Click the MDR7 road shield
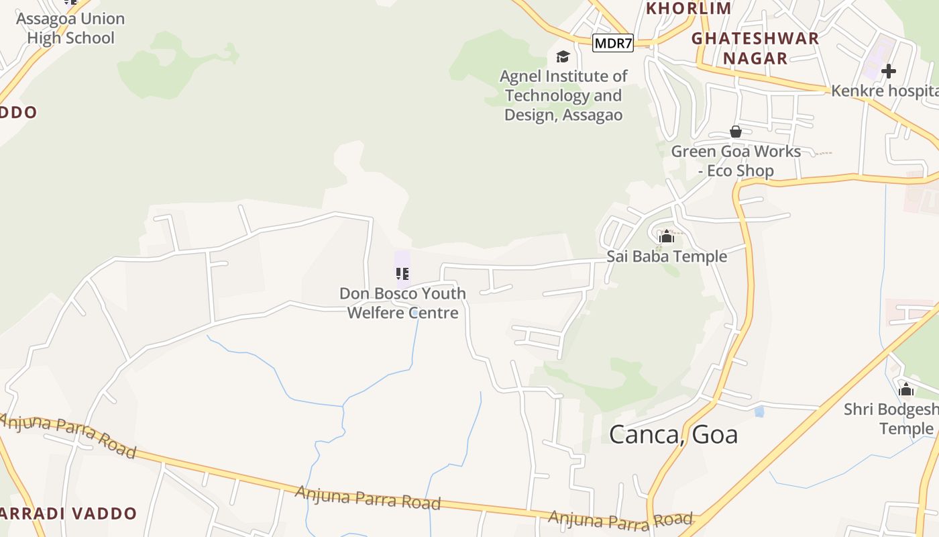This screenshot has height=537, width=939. tap(613, 44)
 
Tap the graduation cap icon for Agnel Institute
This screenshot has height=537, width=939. tap(563, 57)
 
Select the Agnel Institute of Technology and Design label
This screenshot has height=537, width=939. tap(563, 95)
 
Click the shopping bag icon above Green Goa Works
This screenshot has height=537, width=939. tap(736, 132)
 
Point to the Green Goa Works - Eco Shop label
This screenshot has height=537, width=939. tap(736, 161)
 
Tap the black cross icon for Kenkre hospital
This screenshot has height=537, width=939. tap(889, 70)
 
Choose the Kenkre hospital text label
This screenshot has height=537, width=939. tap(884, 91)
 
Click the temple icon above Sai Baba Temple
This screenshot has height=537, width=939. tap(666, 237)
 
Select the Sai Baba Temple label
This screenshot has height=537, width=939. tap(667, 256)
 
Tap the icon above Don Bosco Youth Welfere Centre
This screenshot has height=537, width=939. tap(402, 273)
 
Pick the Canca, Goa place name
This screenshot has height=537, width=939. tap(673, 434)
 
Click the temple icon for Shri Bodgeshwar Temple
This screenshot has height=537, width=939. tap(906, 389)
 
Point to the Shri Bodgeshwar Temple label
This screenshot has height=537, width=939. tap(892, 419)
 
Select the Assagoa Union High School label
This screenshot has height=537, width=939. tap(70, 28)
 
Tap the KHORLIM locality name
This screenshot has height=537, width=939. tap(688, 8)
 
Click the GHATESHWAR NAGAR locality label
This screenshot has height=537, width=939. tap(755, 48)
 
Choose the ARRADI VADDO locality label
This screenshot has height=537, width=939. tap(67, 514)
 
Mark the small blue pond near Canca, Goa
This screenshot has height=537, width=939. tap(759, 411)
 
